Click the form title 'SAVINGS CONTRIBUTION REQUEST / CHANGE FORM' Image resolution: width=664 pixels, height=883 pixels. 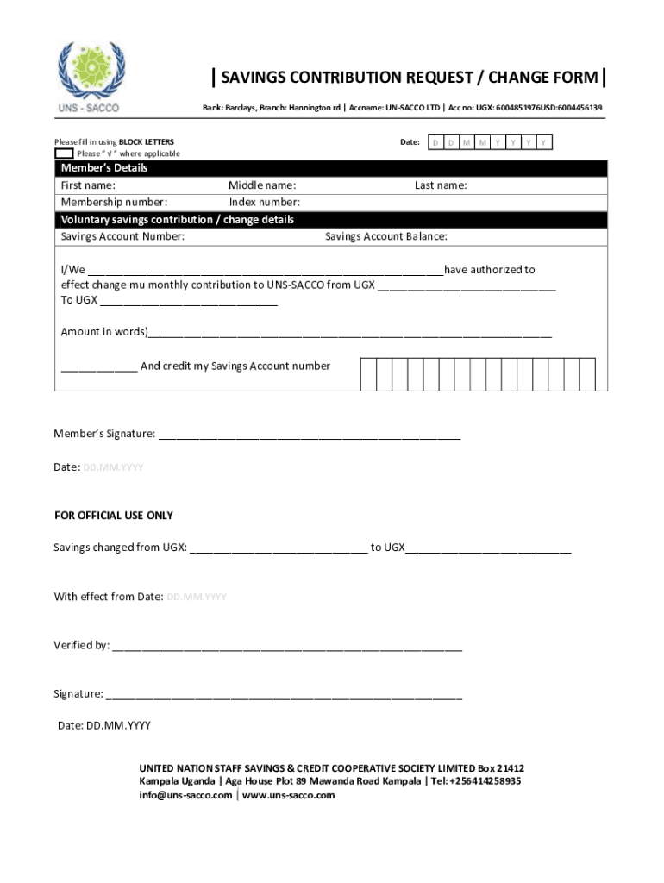click(x=409, y=78)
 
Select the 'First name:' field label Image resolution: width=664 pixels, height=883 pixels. click(x=88, y=185)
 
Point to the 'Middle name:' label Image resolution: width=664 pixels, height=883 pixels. click(x=262, y=185)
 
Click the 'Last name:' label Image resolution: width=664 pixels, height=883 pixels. click(x=441, y=185)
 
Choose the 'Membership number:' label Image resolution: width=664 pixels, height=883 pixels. click(x=114, y=203)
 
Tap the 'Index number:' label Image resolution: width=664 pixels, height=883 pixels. click(x=264, y=203)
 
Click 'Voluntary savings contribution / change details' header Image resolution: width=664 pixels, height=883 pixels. click(x=177, y=220)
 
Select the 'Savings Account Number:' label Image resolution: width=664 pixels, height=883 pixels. click(x=122, y=237)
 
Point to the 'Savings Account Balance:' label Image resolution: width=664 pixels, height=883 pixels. click(x=385, y=237)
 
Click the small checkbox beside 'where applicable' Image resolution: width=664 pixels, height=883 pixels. click(x=64, y=153)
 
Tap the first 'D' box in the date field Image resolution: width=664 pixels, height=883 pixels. click(x=435, y=142)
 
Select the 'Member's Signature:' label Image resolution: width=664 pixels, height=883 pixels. click(x=104, y=434)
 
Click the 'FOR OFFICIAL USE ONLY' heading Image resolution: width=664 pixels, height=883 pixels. click(x=114, y=516)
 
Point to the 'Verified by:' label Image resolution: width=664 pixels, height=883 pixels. click(x=81, y=645)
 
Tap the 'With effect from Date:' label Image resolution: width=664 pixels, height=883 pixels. click(x=109, y=597)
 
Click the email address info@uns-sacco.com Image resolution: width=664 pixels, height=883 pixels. click(x=185, y=795)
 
